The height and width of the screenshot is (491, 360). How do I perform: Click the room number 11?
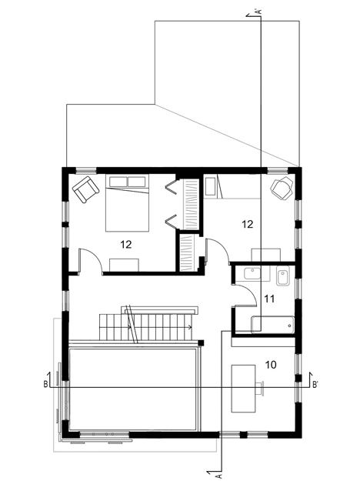tap(269, 299)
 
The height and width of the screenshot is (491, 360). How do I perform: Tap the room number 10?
tap(271, 365)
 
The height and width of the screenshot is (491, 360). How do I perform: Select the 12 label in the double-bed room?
tap(126, 244)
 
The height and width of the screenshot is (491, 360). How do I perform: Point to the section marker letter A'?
tap(258, 12)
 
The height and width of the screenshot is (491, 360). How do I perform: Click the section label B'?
tap(315, 385)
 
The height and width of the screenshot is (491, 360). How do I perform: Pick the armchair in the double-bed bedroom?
tap(85, 189)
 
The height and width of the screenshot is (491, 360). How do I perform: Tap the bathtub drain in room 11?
tap(289, 326)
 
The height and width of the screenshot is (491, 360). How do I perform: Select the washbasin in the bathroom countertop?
tap(252, 273)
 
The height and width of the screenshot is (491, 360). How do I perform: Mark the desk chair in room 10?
tap(260, 387)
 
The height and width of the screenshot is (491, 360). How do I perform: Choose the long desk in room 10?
tap(243, 389)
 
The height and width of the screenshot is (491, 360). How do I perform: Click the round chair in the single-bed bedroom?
tap(282, 189)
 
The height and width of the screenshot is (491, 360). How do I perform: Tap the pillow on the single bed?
tap(209, 187)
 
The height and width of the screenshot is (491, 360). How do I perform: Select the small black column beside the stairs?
tap(202, 342)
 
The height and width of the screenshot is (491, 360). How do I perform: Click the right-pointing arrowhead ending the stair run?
tap(190, 328)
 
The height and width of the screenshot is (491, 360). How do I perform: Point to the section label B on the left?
tap(45, 385)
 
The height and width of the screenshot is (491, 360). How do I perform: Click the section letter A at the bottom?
tap(219, 476)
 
